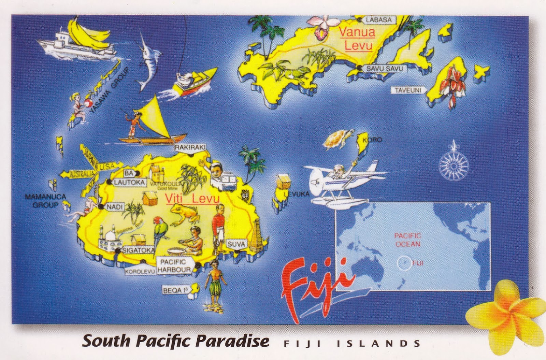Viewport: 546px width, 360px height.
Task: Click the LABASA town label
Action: (378, 20)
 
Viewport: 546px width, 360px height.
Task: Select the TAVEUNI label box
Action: (408, 90)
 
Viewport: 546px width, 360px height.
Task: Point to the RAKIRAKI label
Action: (190, 147)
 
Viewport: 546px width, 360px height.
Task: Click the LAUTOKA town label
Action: (129, 183)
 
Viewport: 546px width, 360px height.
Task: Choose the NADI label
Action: (115, 207)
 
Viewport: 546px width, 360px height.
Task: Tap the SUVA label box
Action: (236, 244)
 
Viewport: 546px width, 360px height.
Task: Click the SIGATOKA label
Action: (138, 250)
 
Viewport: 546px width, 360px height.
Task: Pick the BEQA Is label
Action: (175, 290)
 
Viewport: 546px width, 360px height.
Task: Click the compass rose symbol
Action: (454, 165)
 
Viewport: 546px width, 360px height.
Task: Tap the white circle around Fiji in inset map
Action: (404, 263)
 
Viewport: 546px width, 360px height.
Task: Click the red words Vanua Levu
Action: (357, 39)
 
